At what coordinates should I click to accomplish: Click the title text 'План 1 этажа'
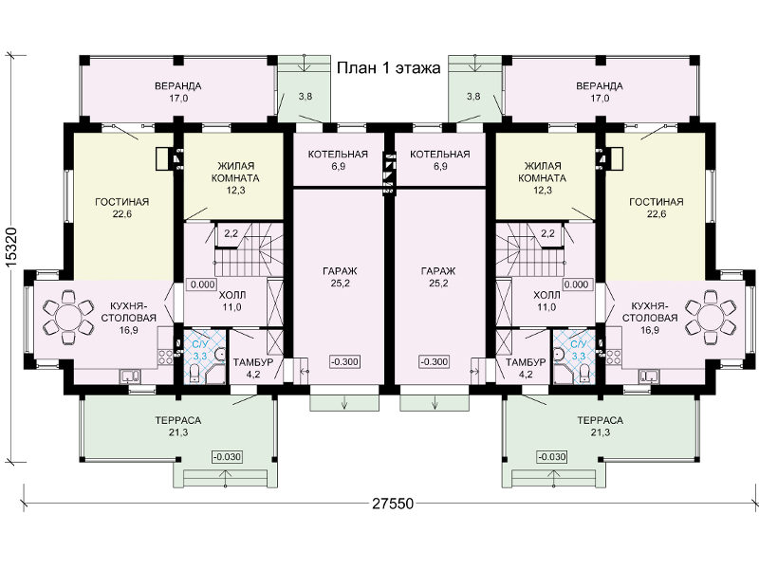click(x=388, y=68)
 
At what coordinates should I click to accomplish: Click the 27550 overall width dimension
click(x=393, y=504)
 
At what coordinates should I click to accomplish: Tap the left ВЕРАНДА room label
click(x=178, y=86)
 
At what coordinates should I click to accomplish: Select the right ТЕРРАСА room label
click(x=601, y=420)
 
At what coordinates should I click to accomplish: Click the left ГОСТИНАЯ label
click(x=122, y=202)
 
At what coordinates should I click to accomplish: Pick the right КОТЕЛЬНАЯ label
click(x=440, y=155)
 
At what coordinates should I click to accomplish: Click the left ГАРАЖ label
click(x=341, y=271)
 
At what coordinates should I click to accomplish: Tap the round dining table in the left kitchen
click(x=68, y=317)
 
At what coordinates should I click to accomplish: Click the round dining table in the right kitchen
click(x=710, y=317)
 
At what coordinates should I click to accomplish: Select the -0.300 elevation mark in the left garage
click(x=345, y=361)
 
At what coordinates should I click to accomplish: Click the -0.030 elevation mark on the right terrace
click(x=552, y=457)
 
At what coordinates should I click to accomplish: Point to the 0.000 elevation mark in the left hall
click(x=203, y=284)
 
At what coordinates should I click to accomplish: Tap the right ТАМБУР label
click(x=526, y=362)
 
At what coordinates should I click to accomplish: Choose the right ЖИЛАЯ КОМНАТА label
click(x=542, y=173)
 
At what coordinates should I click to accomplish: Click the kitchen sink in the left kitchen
click(x=130, y=376)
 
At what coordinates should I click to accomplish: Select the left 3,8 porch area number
click(x=305, y=97)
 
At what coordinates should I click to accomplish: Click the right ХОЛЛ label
click(x=546, y=295)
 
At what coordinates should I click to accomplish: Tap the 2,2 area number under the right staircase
click(x=548, y=233)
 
